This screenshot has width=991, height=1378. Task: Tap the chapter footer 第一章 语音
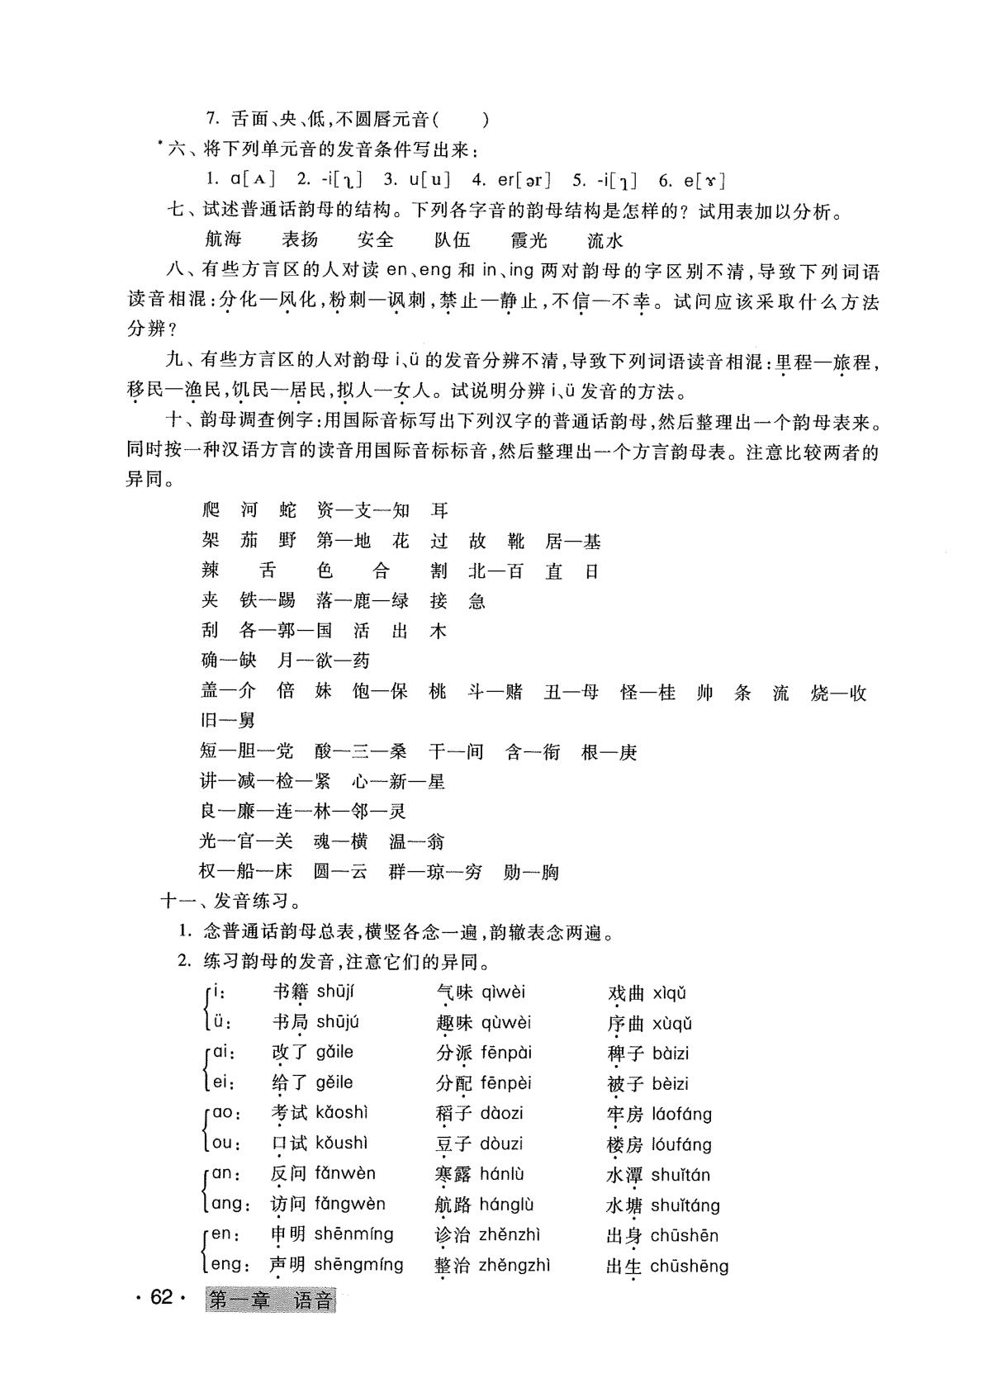pyautogui.click(x=271, y=1301)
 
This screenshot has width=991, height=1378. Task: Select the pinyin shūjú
pyautogui.click(x=338, y=1022)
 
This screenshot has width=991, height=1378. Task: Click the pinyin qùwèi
pyautogui.click(x=506, y=1022)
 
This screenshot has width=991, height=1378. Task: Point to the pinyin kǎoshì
pyautogui.click(x=341, y=1113)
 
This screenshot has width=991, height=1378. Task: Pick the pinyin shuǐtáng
pyautogui.click(x=685, y=1205)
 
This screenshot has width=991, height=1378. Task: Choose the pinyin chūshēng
pyautogui.click(x=689, y=1266)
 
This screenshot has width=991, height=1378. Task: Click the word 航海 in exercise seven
pyautogui.click(x=223, y=240)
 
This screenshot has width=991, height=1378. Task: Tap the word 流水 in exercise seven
pyautogui.click(x=605, y=240)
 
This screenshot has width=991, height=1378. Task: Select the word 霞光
pyautogui.click(x=529, y=240)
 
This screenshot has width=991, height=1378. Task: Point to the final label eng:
pyautogui.click(x=226, y=1264)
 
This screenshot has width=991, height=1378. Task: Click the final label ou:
pyautogui.click(x=227, y=1144)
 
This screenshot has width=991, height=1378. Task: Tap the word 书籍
pyautogui.click(x=290, y=992)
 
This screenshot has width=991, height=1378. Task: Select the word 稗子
pyautogui.click(x=625, y=1054)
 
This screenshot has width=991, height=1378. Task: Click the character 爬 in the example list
pyautogui.click(x=211, y=510)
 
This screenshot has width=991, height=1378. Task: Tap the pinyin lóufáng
pyautogui.click(x=681, y=1144)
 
